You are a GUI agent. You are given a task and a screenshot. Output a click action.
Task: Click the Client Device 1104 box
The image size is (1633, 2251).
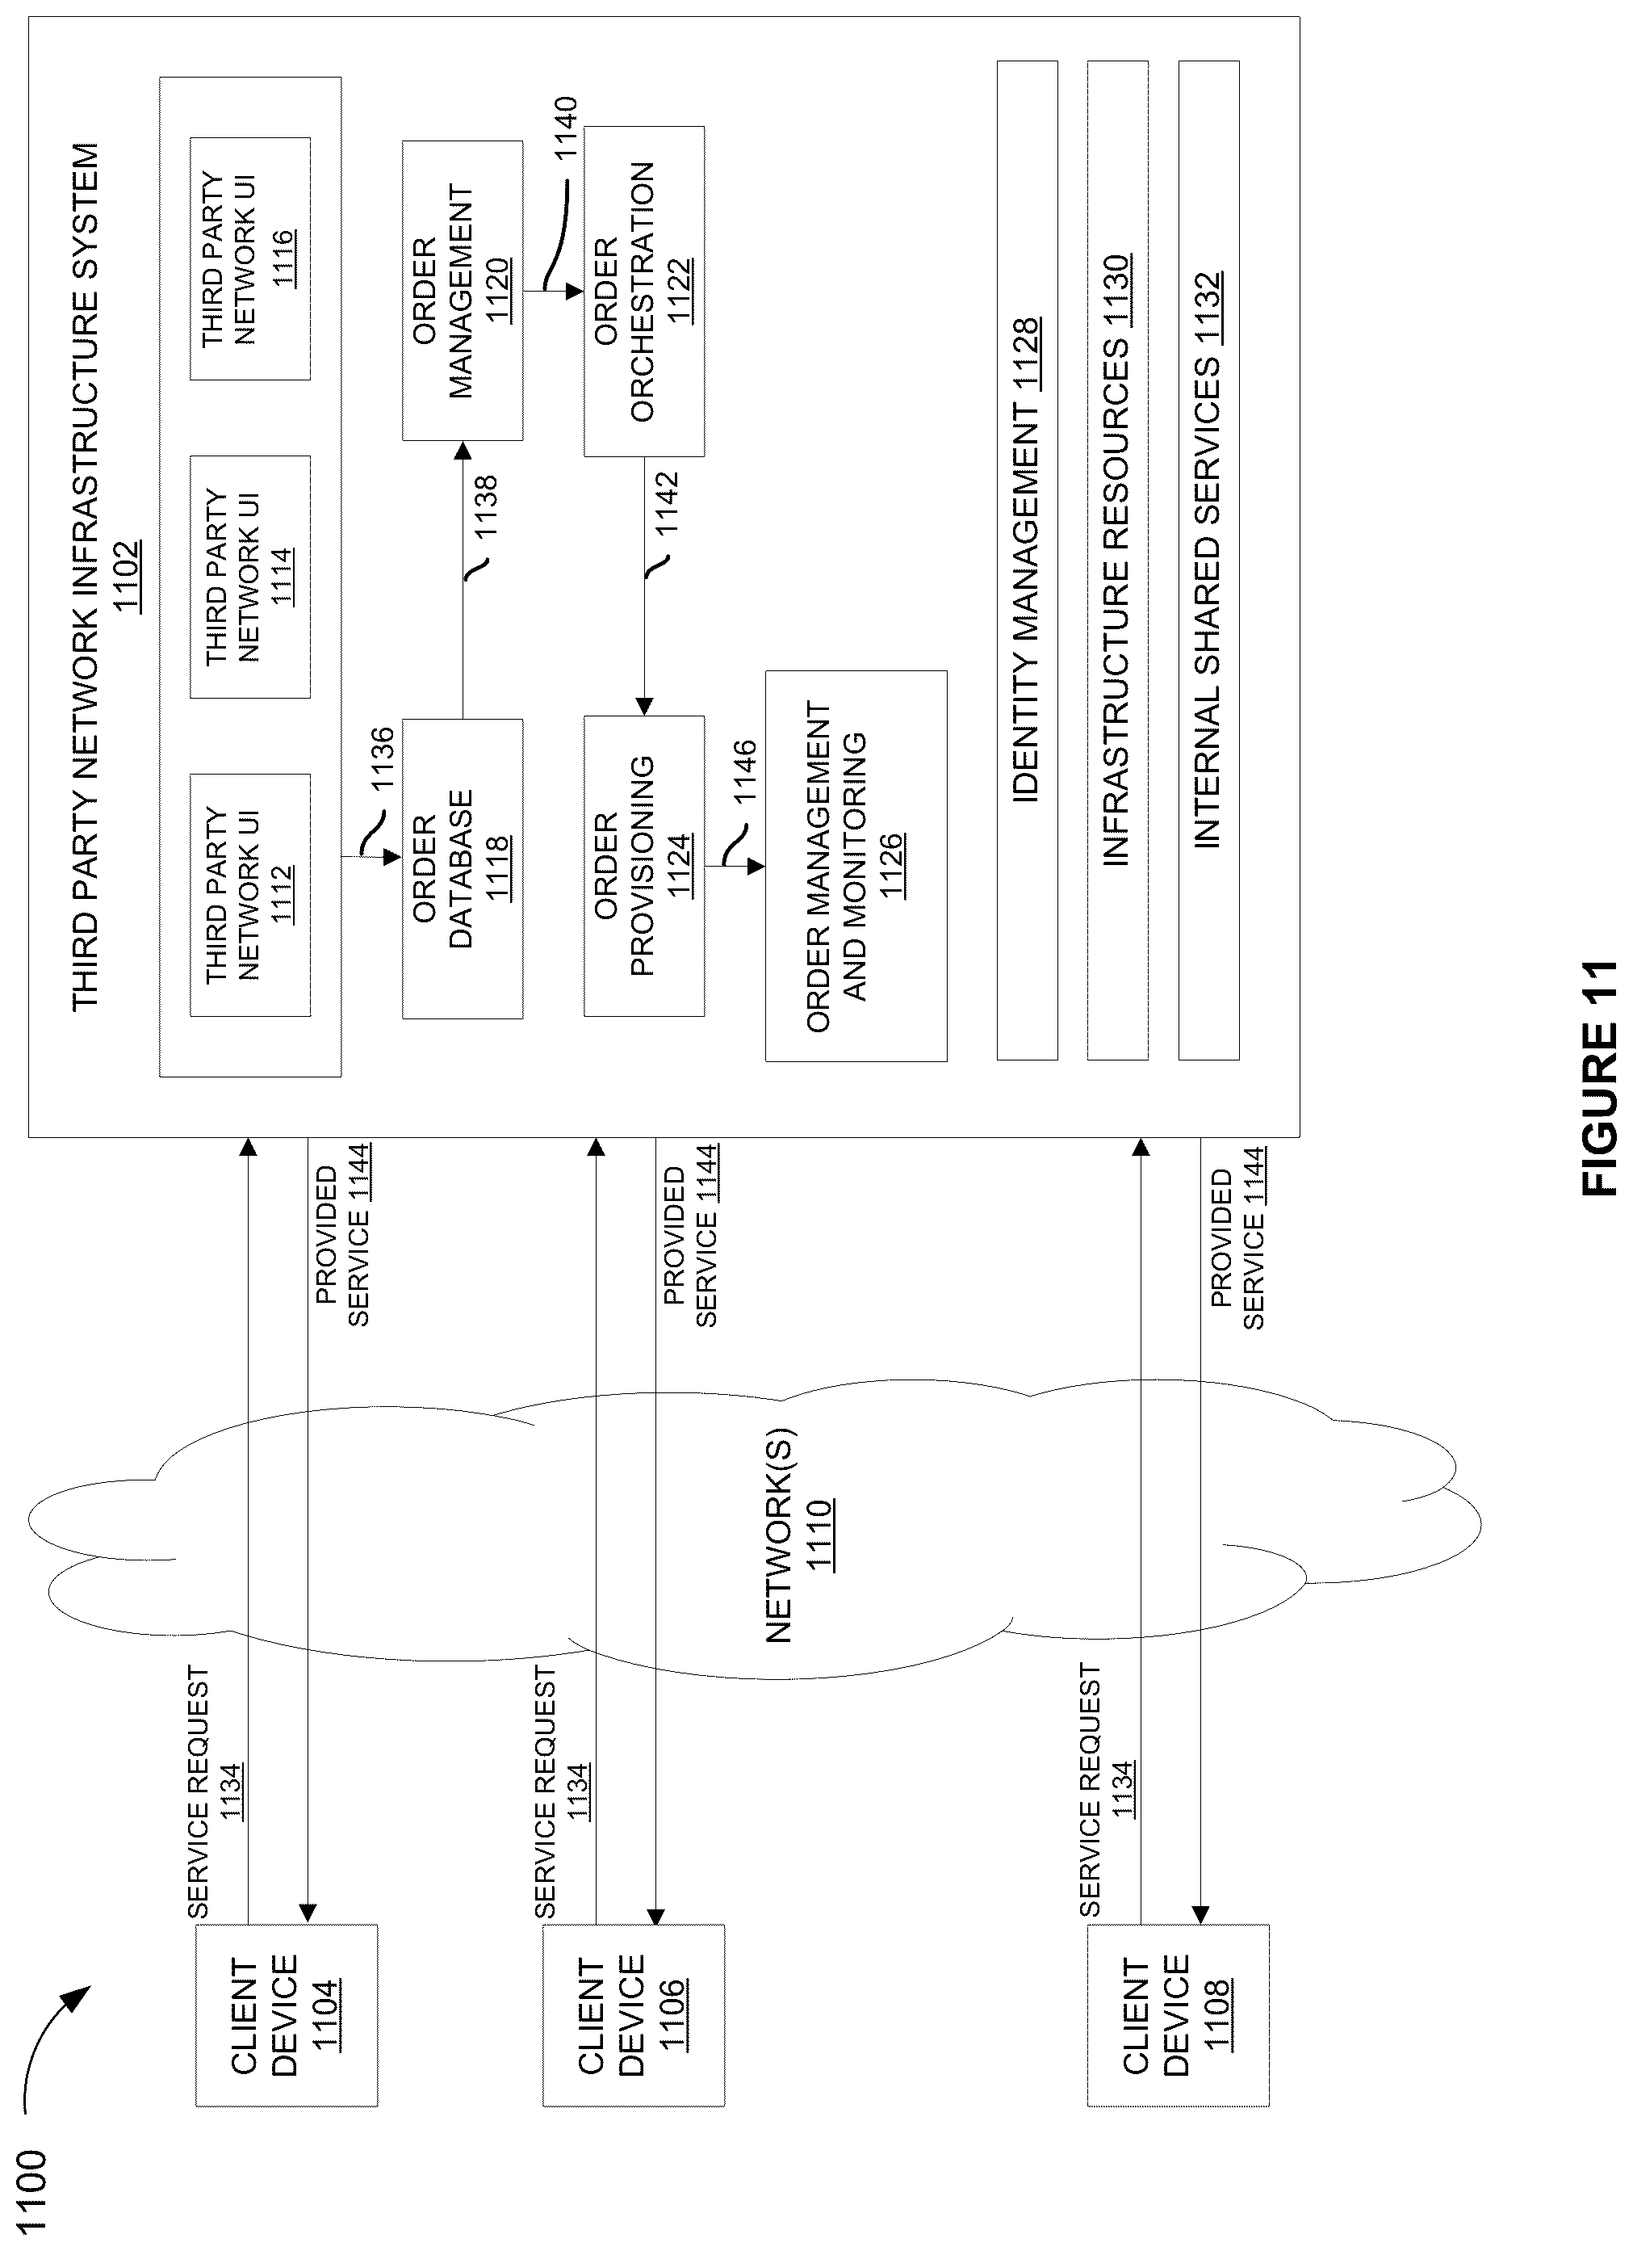[287, 2015]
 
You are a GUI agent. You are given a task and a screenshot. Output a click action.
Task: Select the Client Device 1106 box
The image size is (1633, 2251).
[633, 2015]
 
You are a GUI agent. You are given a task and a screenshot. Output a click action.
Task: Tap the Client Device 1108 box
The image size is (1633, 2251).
[1178, 2015]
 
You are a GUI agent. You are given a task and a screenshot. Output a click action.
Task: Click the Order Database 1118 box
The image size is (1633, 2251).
[463, 868]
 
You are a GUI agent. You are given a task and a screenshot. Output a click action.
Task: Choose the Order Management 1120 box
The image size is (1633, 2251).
[463, 291]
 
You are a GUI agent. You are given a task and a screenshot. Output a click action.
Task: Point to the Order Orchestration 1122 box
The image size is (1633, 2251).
[644, 291]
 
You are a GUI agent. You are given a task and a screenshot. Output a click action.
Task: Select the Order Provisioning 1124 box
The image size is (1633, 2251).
[644, 866]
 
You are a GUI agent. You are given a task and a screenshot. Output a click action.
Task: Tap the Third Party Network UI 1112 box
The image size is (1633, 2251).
[250, 895]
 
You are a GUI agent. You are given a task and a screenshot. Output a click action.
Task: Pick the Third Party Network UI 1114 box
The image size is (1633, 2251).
[250, 577]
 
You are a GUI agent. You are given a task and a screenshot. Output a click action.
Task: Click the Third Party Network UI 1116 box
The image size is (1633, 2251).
[250, 258]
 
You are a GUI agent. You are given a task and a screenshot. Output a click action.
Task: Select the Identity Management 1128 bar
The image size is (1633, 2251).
[1027, 561]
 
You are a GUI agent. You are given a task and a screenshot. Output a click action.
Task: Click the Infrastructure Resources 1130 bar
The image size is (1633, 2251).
[1118, 561]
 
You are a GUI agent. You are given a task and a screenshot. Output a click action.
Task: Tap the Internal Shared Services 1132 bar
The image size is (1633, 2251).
[1208, 561]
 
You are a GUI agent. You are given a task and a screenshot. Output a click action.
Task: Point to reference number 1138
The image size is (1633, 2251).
[486, 508]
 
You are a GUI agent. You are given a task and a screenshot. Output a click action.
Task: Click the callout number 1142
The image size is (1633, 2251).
[668, 503]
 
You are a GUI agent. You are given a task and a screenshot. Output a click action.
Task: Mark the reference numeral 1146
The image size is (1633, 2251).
[744, 772]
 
